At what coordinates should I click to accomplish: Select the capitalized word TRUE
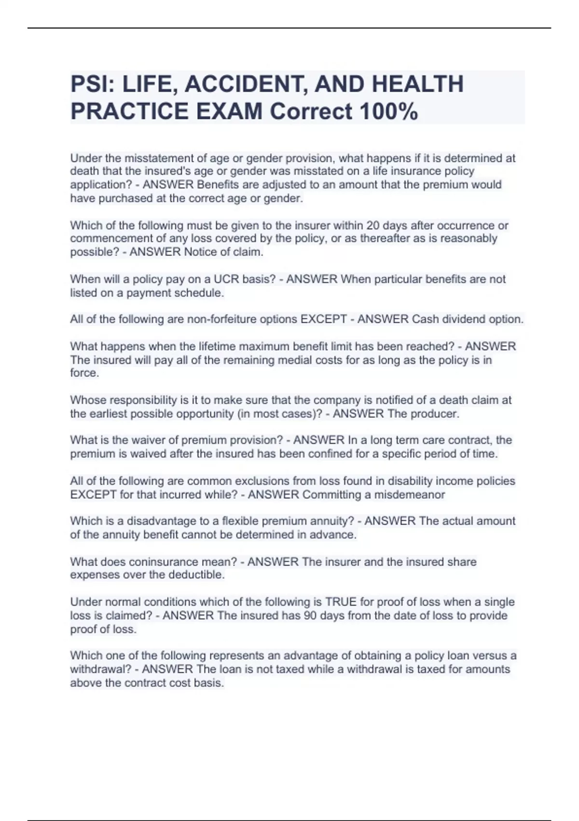pyautogui.click(x=341, y=602)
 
